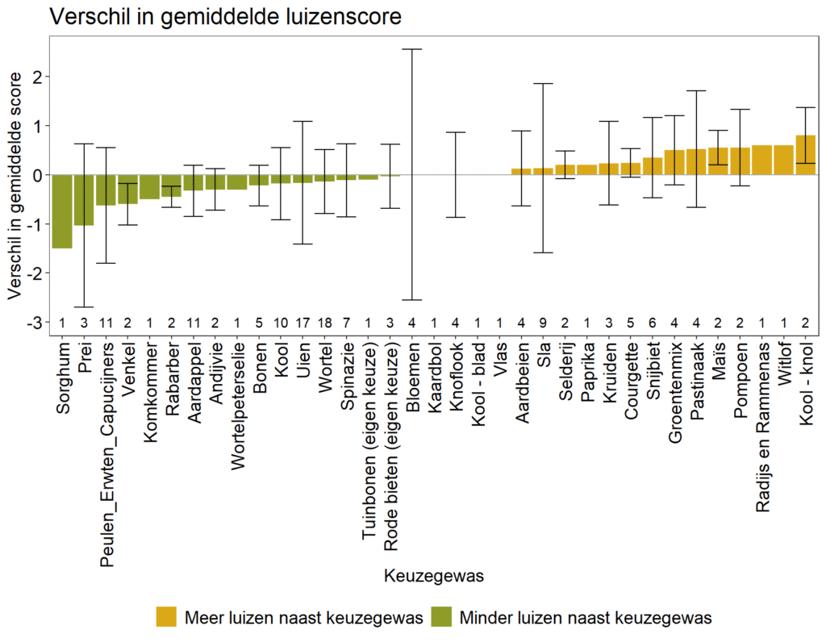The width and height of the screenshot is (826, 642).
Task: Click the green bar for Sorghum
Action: (x=62, y=211)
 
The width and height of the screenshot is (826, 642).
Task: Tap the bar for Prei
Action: (x=84, y=200)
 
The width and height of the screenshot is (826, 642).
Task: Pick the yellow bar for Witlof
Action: (x=783, y=160)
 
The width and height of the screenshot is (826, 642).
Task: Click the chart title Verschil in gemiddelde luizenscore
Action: (x=225, y=17)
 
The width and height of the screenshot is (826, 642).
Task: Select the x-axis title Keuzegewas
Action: (x=434, y=577)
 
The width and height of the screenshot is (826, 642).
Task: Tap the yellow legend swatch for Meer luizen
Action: (x=167, y=618)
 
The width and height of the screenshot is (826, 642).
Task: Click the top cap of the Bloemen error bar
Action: (x=413, y=49)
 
